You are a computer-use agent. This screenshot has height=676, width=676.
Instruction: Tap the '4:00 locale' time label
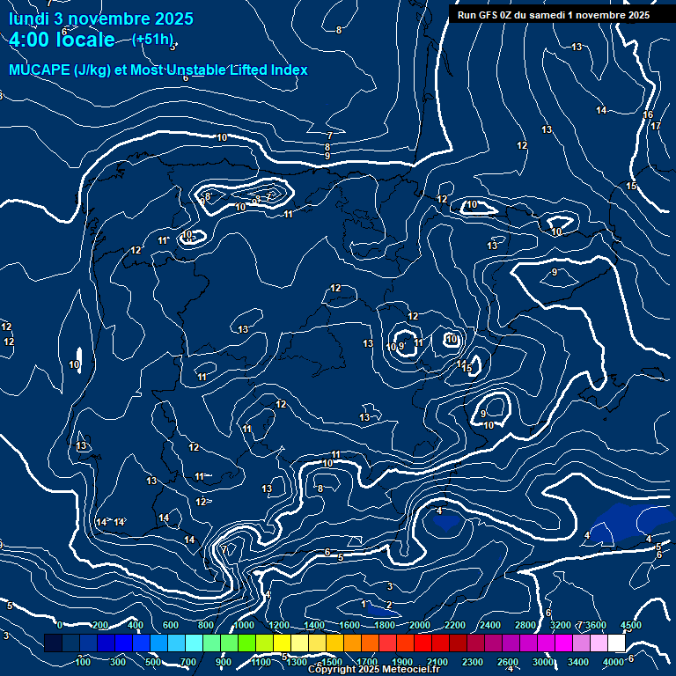point(62,40)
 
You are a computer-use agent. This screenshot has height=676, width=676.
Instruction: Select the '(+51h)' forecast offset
point(152,39)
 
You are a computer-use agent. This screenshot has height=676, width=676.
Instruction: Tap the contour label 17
point(655,126)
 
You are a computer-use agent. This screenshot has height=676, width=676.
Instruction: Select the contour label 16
point(648,114)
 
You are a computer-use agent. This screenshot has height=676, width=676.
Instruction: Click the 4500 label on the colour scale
point(630,625)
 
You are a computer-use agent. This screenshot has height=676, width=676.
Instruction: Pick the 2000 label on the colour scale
point(419,625)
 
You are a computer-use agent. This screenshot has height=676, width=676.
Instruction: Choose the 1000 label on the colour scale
point(243,625)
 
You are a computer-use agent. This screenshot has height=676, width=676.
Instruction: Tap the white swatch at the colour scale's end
point(616,643)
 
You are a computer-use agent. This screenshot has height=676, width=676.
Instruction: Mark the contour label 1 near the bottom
point(364,604)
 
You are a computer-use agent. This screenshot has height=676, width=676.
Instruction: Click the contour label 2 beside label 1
point(389,605)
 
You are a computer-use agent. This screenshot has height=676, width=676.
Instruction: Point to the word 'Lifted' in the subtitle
point(247,70)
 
